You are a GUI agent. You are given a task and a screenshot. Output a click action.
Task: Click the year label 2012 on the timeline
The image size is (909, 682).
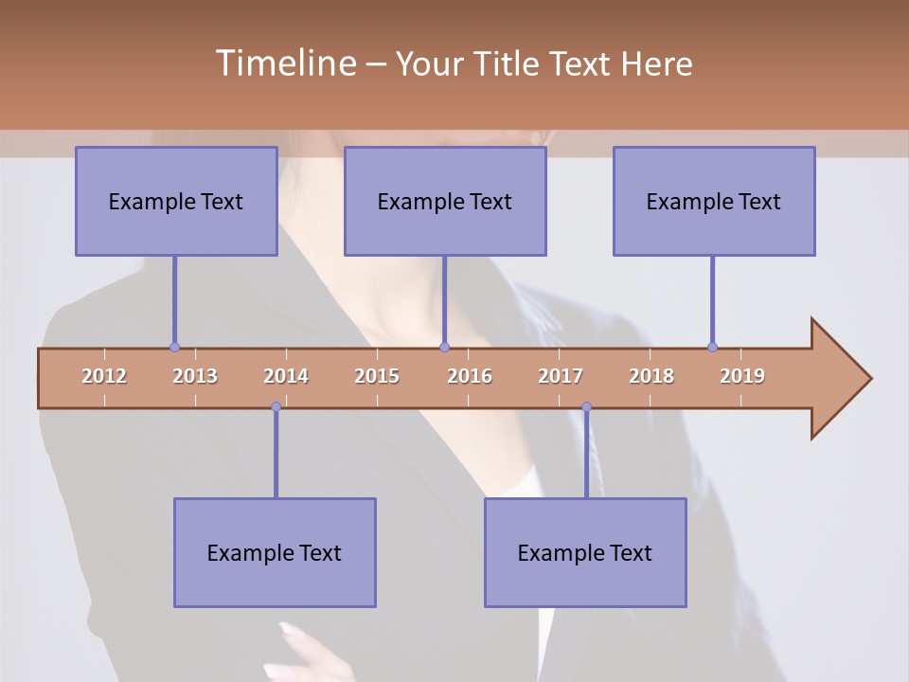104,376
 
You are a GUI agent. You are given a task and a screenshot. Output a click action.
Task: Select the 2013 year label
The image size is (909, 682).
195,376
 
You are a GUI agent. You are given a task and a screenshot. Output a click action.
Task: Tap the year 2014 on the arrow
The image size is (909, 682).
286,376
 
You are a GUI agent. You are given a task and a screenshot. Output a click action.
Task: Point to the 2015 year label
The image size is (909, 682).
377,376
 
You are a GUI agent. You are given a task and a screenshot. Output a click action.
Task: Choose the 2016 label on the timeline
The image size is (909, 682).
470,376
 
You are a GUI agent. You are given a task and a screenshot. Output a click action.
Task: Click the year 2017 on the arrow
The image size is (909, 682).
561,376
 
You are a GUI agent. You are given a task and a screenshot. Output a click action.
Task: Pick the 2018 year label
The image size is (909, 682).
651,376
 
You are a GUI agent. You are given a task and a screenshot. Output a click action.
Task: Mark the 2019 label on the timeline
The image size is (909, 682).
742,376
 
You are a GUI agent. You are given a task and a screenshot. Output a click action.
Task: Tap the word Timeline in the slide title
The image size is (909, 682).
284,63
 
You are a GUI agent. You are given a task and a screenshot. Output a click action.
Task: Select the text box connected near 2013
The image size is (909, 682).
176,201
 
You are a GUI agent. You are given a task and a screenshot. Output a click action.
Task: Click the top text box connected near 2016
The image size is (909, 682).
445,201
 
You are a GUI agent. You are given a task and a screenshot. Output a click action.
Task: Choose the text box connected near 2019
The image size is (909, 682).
714,201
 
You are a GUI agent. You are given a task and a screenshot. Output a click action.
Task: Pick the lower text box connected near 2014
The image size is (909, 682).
275,552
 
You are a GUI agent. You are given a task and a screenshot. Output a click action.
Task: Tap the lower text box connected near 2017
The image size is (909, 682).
585,552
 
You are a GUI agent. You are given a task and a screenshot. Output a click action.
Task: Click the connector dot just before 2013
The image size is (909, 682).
174,348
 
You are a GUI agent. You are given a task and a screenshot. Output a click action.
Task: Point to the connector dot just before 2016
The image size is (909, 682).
445,348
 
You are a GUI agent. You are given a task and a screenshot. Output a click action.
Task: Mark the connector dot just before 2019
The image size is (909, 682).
712,348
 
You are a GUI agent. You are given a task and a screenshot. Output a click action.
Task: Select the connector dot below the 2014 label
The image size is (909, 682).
276,407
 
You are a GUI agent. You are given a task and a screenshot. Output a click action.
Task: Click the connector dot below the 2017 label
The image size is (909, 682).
586,407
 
